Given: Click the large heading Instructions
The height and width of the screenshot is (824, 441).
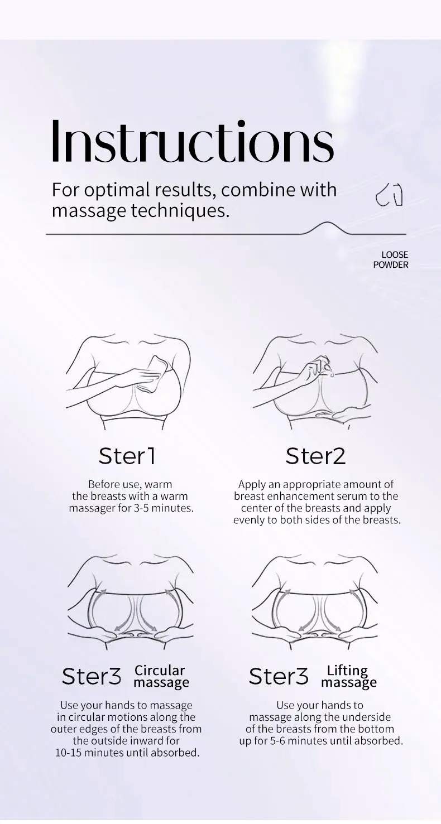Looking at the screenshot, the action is (x=193, y=141).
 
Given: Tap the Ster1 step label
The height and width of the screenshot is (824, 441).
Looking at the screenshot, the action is (x=127, y=456).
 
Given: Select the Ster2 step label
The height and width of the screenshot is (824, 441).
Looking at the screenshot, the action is (x=315, y=456).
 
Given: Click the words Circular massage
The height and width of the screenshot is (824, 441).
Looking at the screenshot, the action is (x=161, y=676).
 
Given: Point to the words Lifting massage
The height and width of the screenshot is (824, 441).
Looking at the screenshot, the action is (x=348, y=676).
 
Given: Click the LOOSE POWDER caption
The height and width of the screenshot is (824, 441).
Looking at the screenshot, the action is (x=391, y=260).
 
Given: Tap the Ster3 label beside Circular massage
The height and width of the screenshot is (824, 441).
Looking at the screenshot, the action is (x=92, y=677).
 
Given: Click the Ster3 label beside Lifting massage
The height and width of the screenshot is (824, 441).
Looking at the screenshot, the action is (x=279, y=677).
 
